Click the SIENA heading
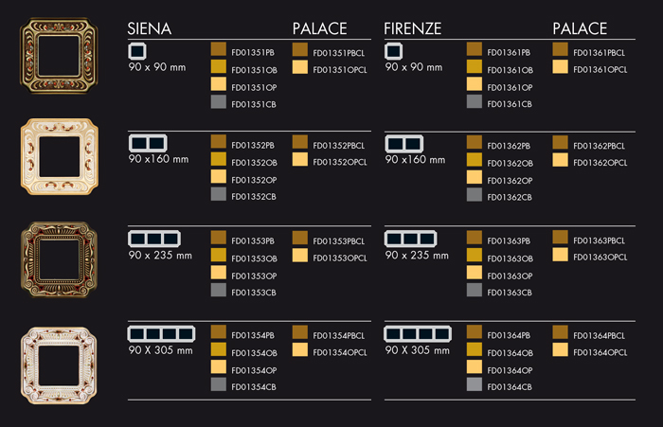pyautogui.click(x=150, y=28)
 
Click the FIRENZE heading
pyautogui.click(x=412, y=28)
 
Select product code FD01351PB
pyautogui.click(x=253, y=52)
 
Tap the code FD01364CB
pyautogui.click(x=510, y=387)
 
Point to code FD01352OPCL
pyautogui.click(x=339, y=162)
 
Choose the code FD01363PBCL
pyautogui.click(x=599, y=240)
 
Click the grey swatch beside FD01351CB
pyautogui.click(x=219, y=102)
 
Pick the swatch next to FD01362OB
pyautogui.click(x=475, y=160)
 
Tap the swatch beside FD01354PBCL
pyautogui.click(x=300, y=332)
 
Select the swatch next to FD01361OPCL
pyautogui.click(x=560, y=67)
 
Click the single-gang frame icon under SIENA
pyautogui.click(x=137, y=51)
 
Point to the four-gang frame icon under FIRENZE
pyautogui.click(x=418, y=334)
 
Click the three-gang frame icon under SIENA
pyautogui.click(x=153, y=239)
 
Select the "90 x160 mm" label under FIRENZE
pyautogui.click(x=415, y=160)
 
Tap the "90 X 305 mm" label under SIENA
pyautogui.click(x=160, y=350)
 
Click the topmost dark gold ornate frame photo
pyautogui.click(x=59, y=55)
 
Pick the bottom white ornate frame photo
pyautogui.click(x=59, y=365)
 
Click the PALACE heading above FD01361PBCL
pyautogui.click(x=580, y=28)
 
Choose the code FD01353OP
pyautogui.click(x=254, y=276)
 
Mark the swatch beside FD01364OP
pyautogui.click(x=475, y=367)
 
